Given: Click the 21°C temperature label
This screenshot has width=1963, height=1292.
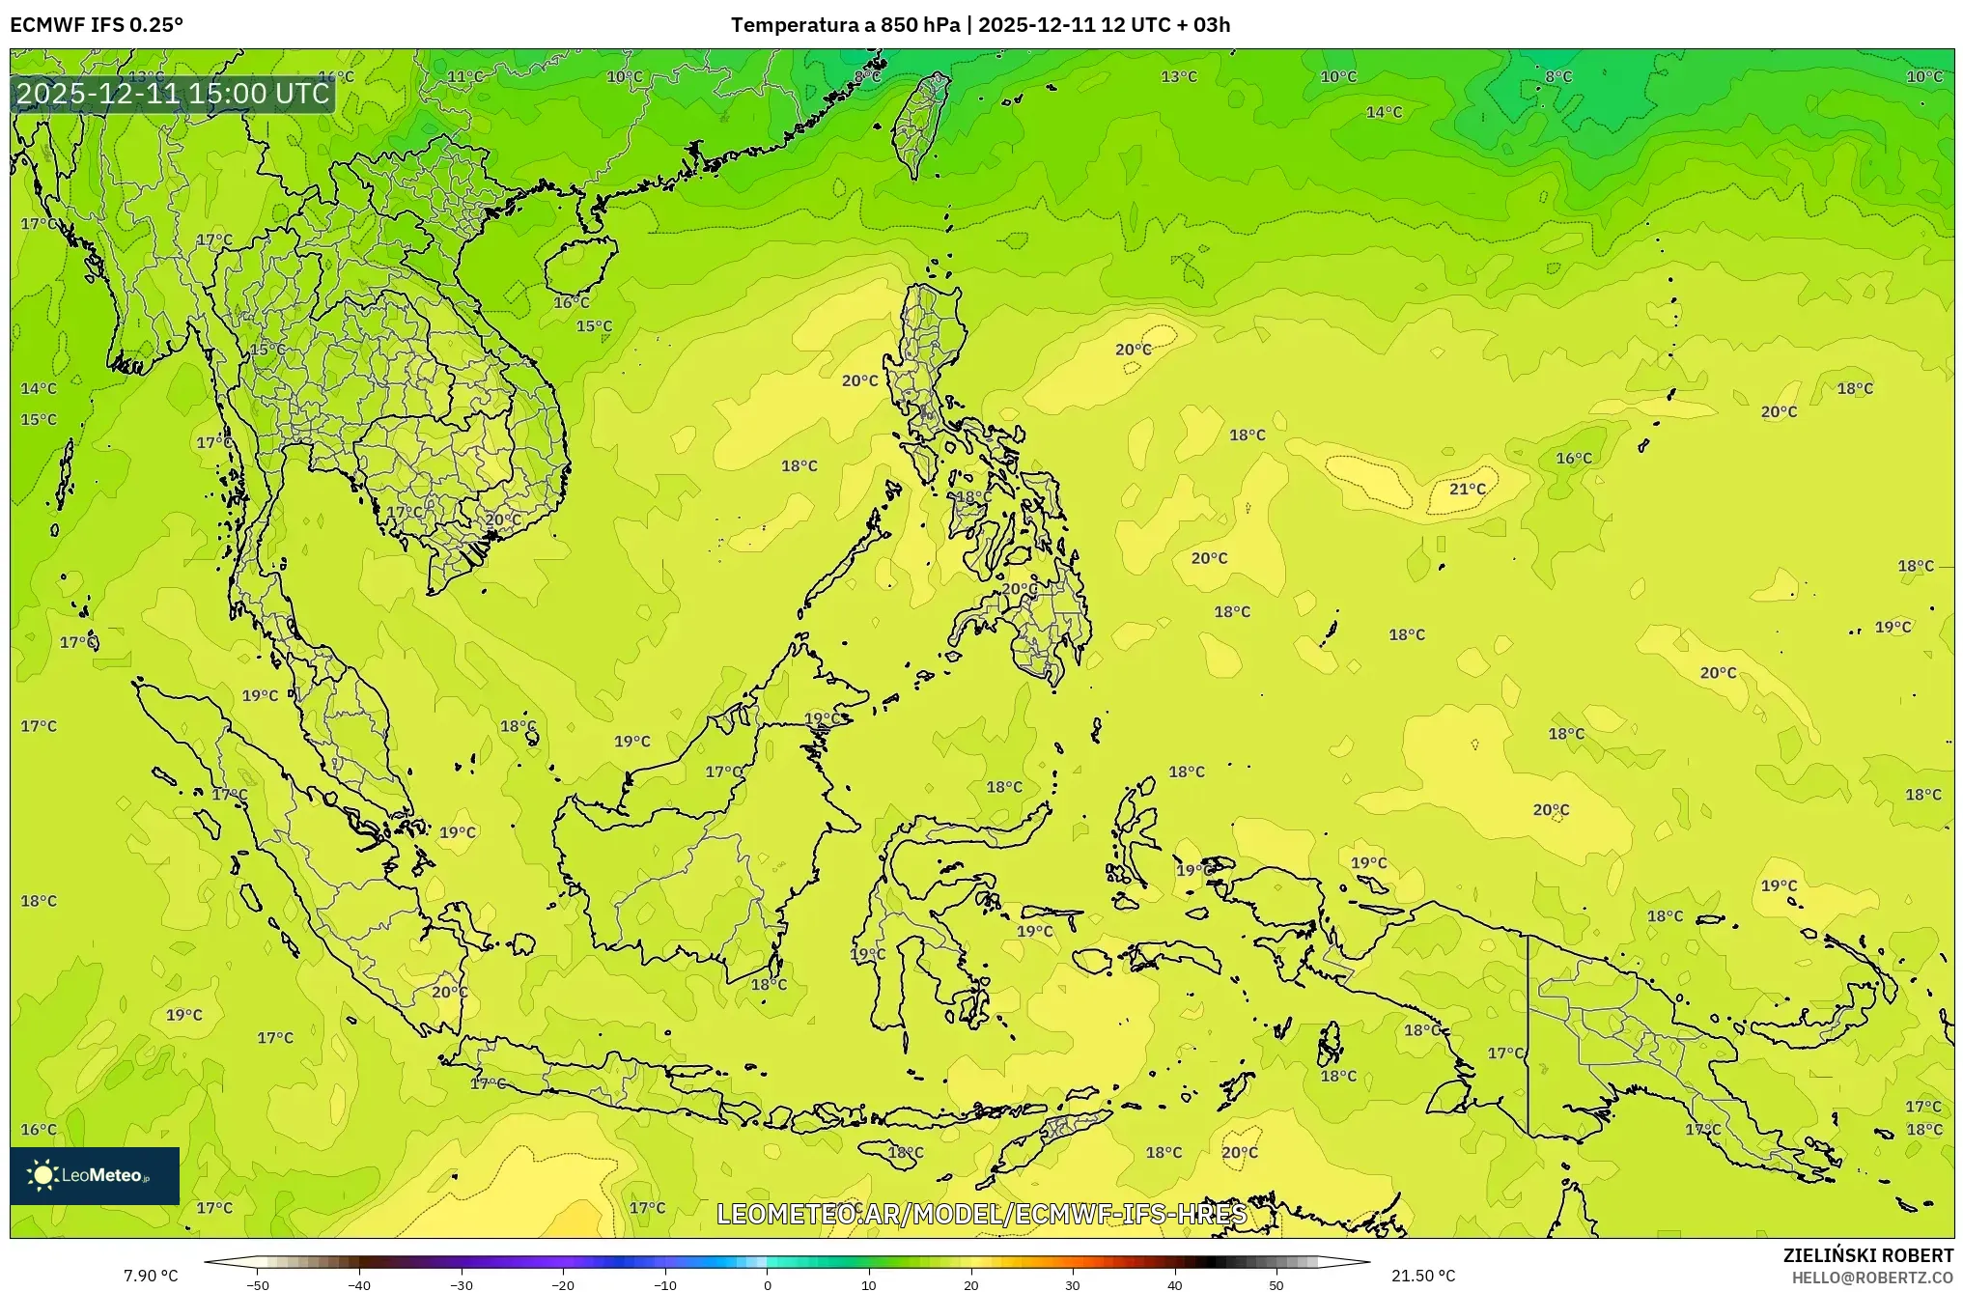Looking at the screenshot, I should [x=1467, y=490].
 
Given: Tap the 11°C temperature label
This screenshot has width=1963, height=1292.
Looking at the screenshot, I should [x=464, y=77].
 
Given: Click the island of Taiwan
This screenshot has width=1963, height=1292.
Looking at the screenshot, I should [x=918, y=123].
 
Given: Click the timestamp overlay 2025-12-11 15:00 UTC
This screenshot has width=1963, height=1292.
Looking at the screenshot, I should [x=173, y=94].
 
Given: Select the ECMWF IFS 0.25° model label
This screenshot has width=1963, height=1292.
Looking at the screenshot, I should [x=97, y=25].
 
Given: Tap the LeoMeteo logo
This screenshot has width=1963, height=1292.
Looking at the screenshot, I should [x=95, y=1175].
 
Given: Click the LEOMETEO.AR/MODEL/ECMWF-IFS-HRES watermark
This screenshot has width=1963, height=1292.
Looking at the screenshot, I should [x=981, y=1214].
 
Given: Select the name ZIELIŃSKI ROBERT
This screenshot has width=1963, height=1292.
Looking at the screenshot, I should [x=1867, y=1255].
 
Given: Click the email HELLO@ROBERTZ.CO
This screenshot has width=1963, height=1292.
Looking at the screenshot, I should [x=1872, y=1278].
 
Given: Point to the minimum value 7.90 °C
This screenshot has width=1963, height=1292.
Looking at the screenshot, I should [x=151, y=1277].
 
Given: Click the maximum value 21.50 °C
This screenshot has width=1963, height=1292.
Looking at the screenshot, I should [x=1422, y=1277].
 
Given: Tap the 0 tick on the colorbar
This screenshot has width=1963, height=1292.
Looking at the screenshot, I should [x=768, y=1285].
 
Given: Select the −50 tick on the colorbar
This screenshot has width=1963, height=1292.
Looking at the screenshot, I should [x=258, y=1285].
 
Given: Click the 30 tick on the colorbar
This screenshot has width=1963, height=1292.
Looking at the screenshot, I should [x=1073, y=1285].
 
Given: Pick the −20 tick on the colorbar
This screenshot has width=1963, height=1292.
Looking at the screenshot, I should [x=563, y=1285].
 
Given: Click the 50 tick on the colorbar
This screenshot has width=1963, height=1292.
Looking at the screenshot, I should [x=1276, y=1285].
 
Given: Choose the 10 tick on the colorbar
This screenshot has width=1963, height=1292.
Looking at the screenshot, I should [x=869, y=1285].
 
